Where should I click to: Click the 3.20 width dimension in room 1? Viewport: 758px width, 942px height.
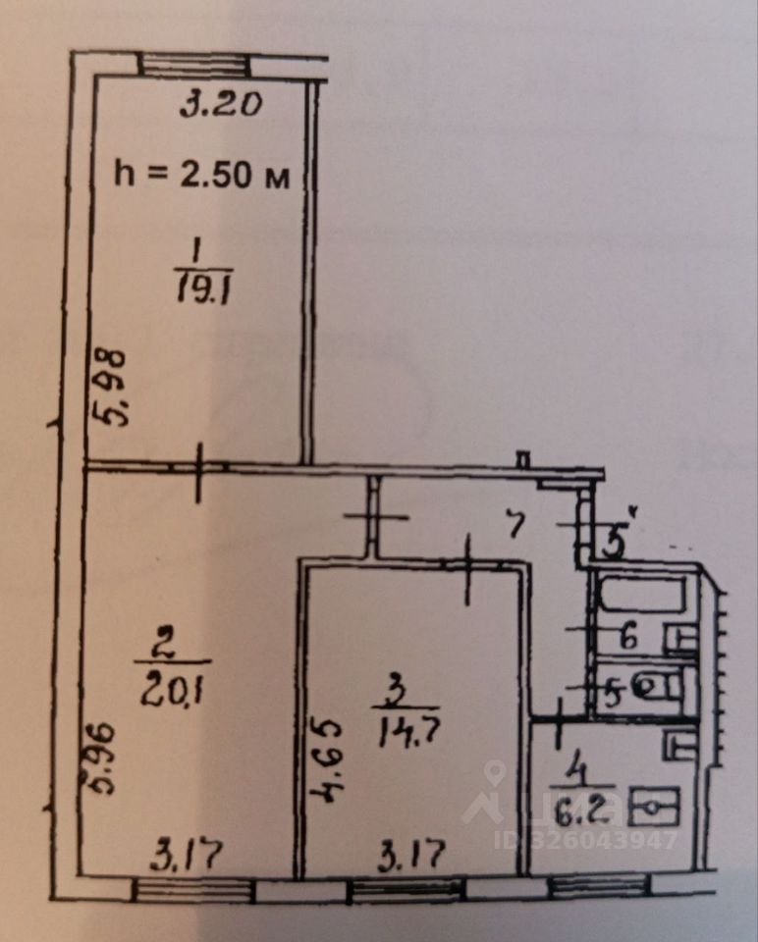pos(221,104)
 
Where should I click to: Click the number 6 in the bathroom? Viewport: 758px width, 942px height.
pos(628,636)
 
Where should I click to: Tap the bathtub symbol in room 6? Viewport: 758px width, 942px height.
pos(643,595)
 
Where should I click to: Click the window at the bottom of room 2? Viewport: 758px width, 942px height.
pos(192,889)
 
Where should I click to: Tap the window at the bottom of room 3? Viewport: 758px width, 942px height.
pos(406,889)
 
